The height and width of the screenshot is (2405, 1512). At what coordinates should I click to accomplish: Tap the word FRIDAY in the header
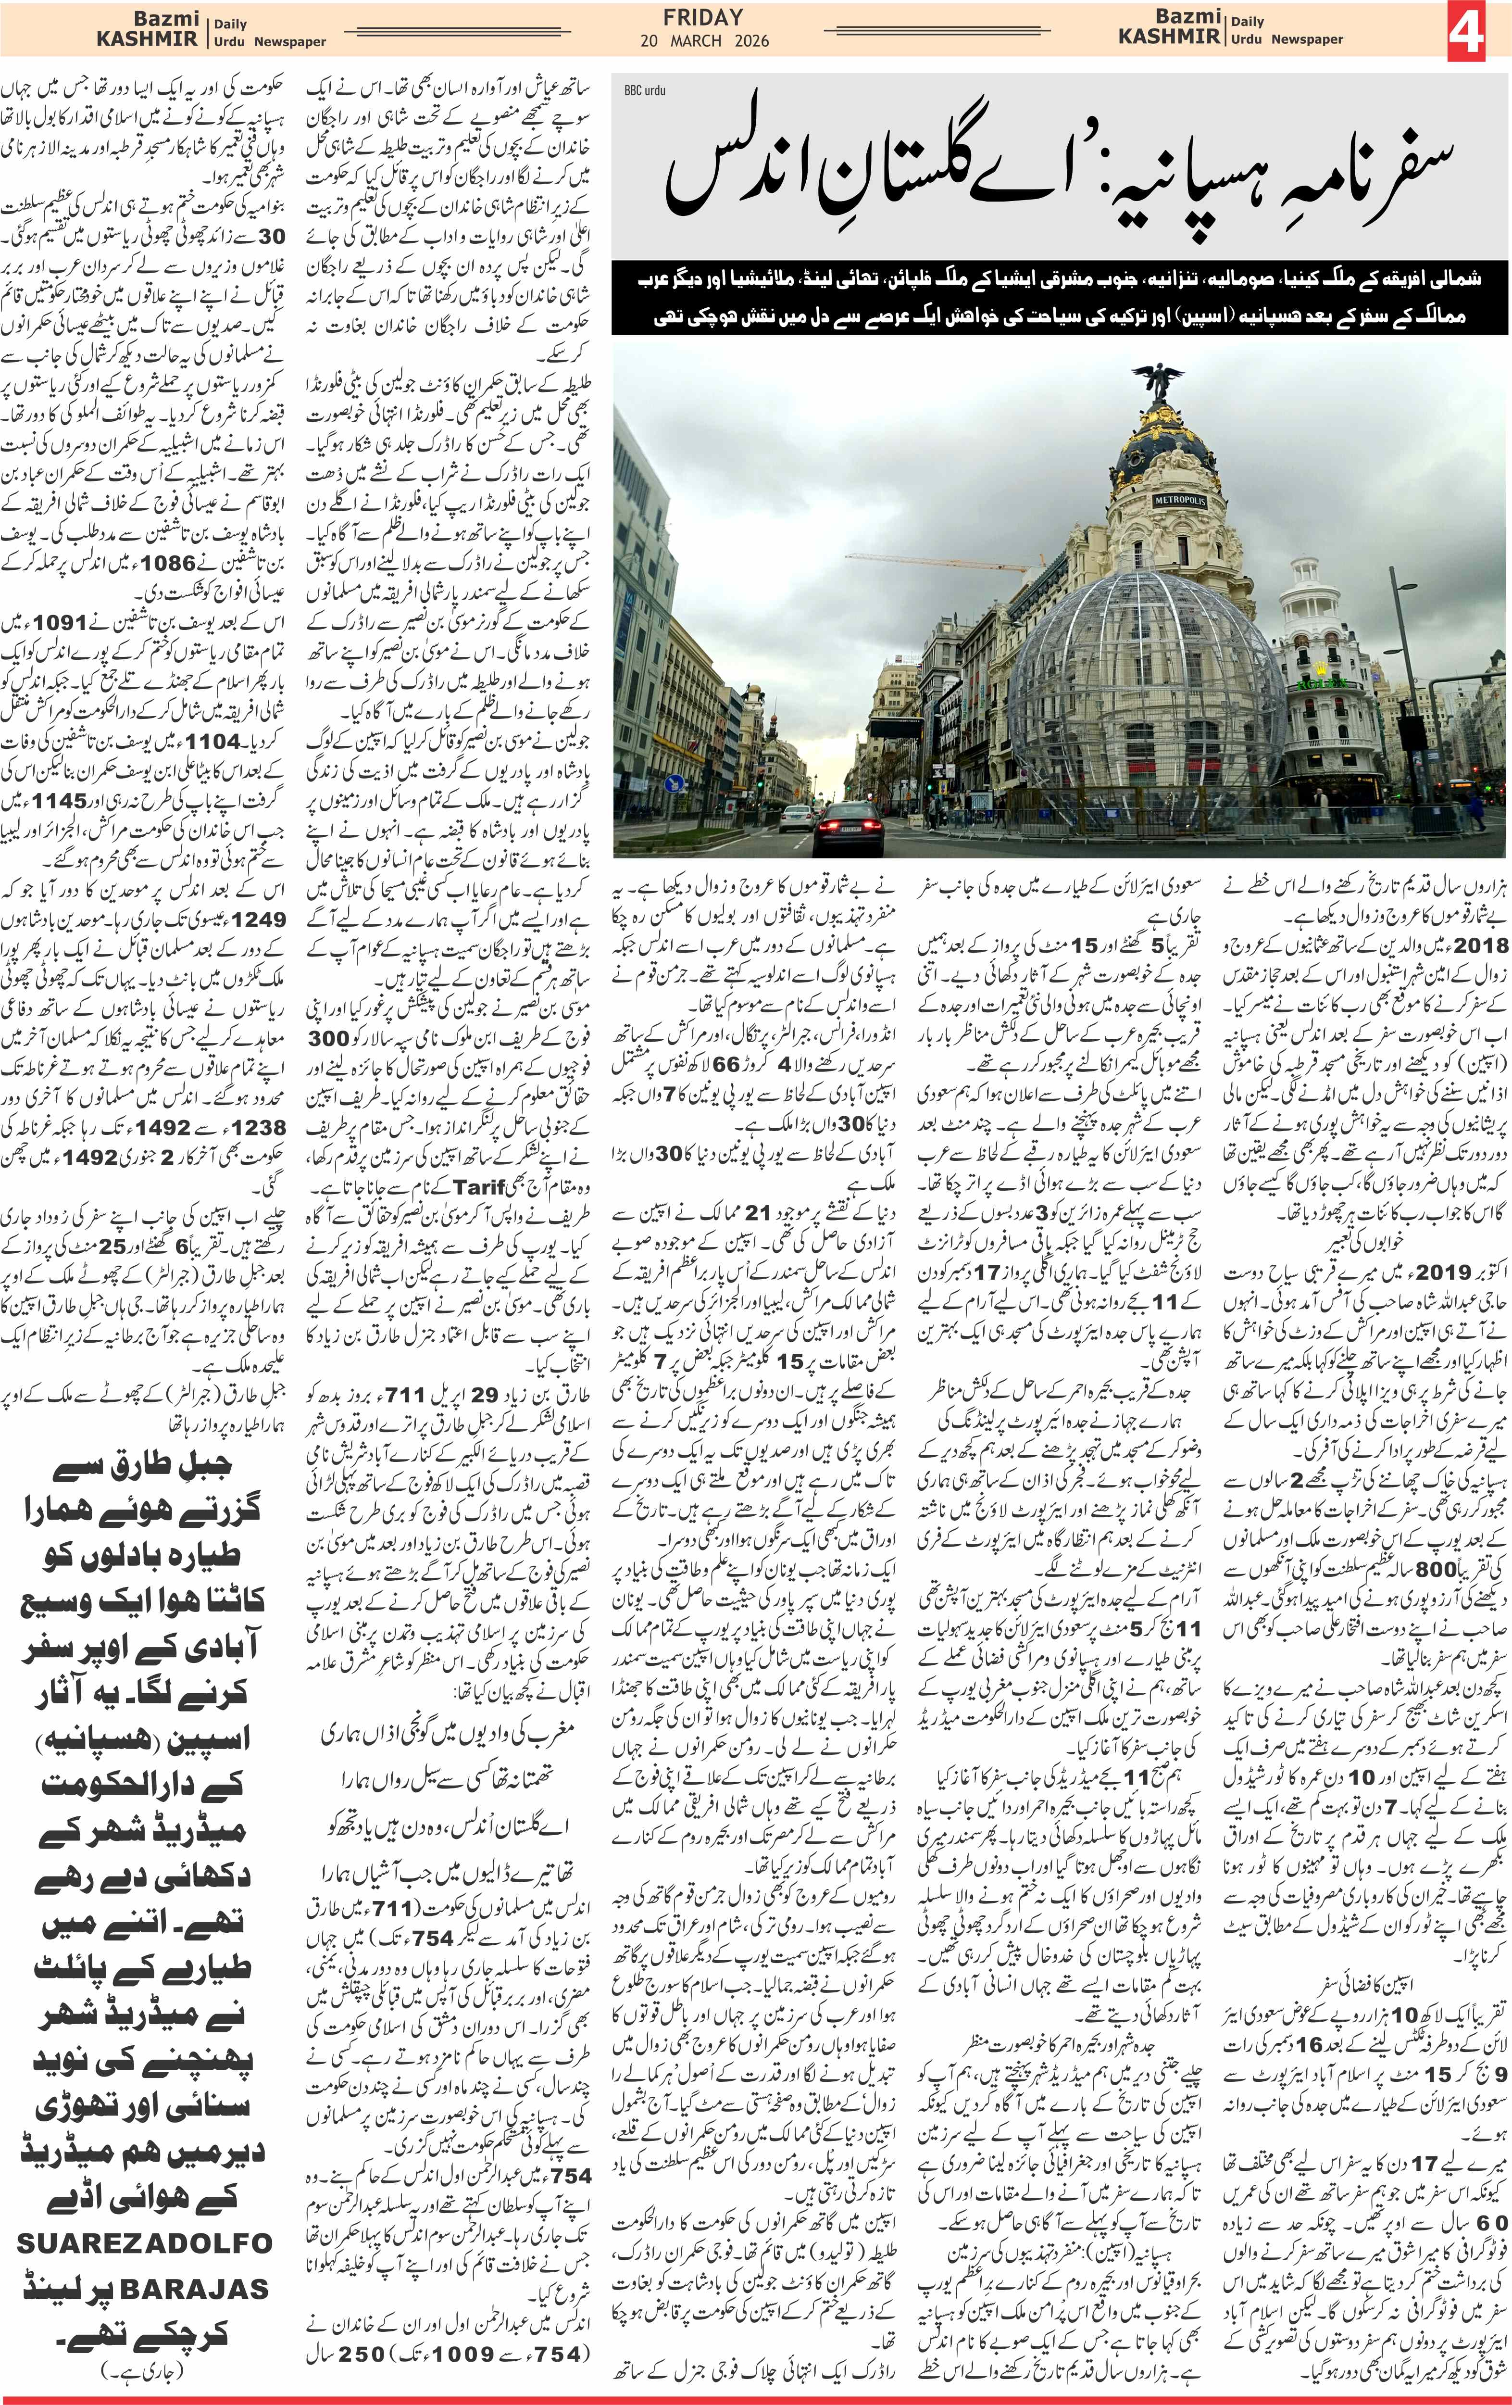point(703,17)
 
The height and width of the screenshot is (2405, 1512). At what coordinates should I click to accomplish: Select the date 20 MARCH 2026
point(704,41)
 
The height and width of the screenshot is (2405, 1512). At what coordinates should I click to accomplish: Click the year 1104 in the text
point(205,741)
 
